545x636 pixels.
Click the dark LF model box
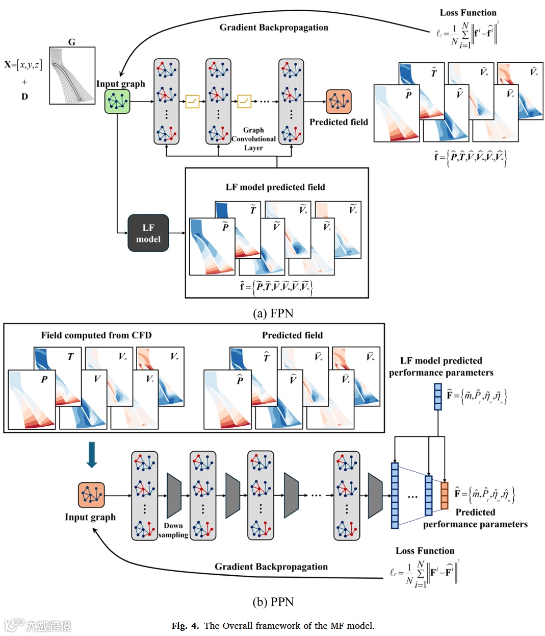click(x=148, y=233)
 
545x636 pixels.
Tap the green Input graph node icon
click(x=117, y=101)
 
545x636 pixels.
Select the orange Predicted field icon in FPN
click(x=339, y=102)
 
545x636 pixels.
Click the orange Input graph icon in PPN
click(x=91, y=496)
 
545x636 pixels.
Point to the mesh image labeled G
click(x=72, y=76)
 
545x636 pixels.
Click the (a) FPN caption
click(x=273, y=313)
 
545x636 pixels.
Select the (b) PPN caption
click(x=273, y=602)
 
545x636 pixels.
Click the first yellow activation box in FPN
click(x=192, y=102)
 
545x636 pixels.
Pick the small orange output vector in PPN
click(x=444, y=495)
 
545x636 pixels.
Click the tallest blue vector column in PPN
click(x=395, y=495)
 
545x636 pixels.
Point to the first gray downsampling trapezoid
click(x=174, y=496)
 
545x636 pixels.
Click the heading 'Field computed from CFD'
click(x=96, y=335)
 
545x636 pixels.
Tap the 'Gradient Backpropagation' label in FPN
click(x=274, y=28)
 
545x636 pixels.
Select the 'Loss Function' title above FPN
click(x=468, y=13)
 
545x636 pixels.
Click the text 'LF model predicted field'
click(x=275, y=187)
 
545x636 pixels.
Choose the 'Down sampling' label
click(x=173, y=530)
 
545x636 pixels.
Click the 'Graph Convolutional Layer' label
click(x=253, y=139)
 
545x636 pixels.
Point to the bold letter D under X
click(x=24, y=96)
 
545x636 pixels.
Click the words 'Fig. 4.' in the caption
click(x=186, y=626)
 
